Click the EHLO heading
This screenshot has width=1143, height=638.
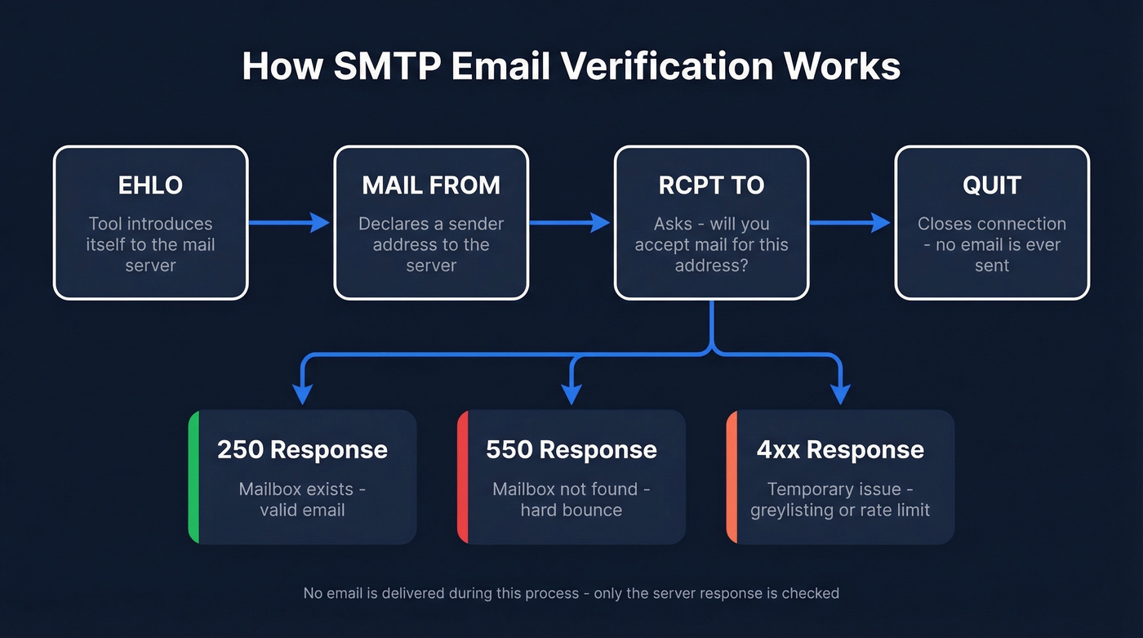click(x=150, y=185)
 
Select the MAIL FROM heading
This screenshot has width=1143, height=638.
click(x=431, y=185)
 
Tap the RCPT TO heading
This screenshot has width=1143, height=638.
click(x=711, y=185)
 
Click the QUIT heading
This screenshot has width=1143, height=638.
click(x=992, y=185)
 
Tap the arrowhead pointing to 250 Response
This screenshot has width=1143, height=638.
click(x=303, y=393)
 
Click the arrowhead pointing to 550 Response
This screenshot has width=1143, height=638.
click(x=571, y=393)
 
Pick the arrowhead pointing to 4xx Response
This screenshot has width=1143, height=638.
click(x=840, y=393)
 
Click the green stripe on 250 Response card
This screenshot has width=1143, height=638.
click(x=193, y=477)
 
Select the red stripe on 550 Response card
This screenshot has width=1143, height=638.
click(x=462, y=477)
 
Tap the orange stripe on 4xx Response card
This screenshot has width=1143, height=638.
click(x=732, y=477)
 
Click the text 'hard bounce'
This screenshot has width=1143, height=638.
click(x=571, y=511)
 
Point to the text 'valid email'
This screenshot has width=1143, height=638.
click(x=302, y=511)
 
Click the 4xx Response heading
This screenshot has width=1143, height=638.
click(x=840, y=449)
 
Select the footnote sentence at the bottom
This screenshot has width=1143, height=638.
click(x=571, y=593)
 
